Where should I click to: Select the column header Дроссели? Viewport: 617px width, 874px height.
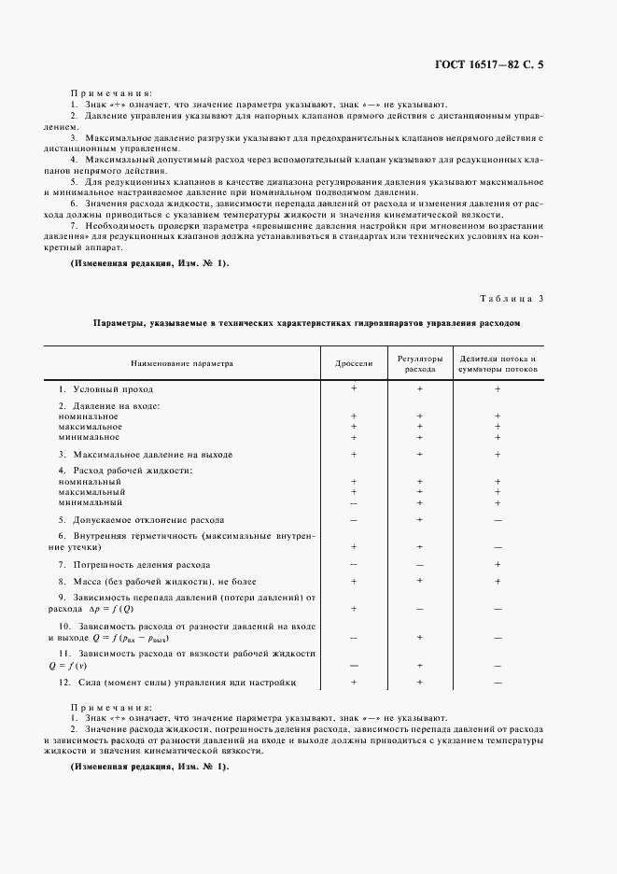coord(354,362)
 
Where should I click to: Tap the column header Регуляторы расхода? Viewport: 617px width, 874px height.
coord(419,362)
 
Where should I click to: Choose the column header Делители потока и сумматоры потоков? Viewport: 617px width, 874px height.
coord(498,362)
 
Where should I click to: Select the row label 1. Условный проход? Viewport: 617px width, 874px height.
coord(105,388)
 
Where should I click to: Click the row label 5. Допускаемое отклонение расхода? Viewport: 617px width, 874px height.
coord(141,518)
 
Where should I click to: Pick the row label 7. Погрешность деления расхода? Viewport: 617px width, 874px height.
coord(133,565)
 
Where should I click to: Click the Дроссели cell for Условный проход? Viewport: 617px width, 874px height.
coord(354,388)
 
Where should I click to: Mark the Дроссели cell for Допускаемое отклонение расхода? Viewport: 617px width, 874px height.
coord(354,518)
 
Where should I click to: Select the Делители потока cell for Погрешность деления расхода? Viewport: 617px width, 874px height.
coord(498,565)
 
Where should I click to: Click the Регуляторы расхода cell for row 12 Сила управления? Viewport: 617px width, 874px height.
coord(420,683)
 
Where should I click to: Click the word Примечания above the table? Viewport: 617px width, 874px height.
coord(110,94)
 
